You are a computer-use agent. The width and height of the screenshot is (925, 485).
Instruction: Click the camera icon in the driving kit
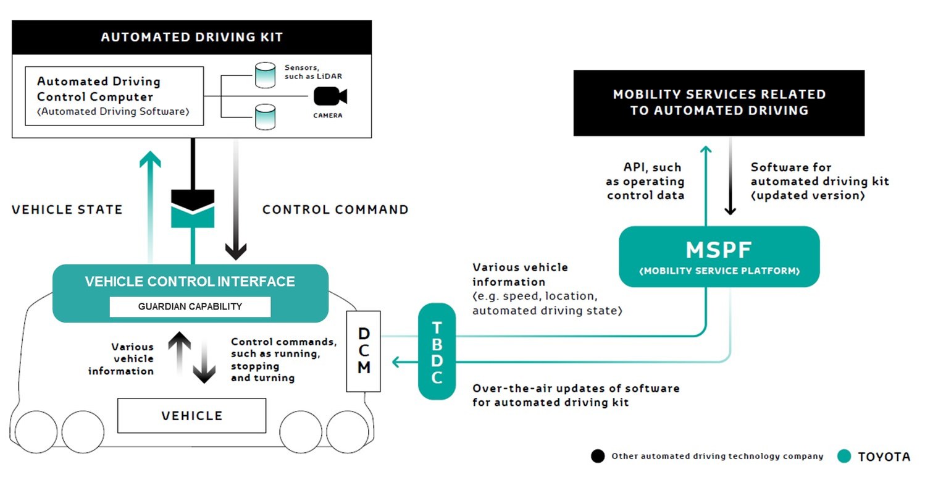pyautogui.click(x=330, y=97)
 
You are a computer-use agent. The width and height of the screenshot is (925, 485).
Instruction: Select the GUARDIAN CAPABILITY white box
pyautogui.click(x=190, y=306)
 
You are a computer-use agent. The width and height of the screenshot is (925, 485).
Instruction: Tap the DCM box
pyautogui.click(x=364, y=351)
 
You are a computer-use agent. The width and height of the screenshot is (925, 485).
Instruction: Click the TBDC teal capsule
pyautogui.click(x=437, y=351)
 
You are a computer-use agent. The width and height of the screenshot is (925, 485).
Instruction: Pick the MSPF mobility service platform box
pyautogui.click(x=719, y=256)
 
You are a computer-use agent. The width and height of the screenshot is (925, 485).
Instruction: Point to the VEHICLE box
pyautogui.click(x=191, y=416)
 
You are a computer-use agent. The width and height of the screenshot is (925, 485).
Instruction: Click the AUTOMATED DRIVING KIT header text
pyautogui.click(x=191, y=37)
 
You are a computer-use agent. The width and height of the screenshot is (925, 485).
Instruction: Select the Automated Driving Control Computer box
pyautogui.click(x=114, y=96)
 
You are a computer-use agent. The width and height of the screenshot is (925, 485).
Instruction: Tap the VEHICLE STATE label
pyautogui.click(x=67, y=209)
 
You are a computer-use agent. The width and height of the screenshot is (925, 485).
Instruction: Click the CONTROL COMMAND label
pyautogui.click(x=335, y=209)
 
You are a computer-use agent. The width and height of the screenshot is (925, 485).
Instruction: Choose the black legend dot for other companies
pyautogui.click(x=597, y=457)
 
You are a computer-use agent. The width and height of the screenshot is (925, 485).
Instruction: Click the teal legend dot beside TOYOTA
pyautogui.click(x=844, y=457)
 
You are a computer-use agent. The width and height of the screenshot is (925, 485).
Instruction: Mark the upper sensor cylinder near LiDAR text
pyautogui.click(x=265, y=75)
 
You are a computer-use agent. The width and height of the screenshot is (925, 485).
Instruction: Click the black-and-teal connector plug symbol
pyautogui.click(x=193, y=209)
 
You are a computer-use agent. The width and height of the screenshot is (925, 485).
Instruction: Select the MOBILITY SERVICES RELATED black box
pyautogui.click(x=719, y=103)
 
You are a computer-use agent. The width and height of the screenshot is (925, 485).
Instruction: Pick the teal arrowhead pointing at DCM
pyautogui.click(x=398, y=361)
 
